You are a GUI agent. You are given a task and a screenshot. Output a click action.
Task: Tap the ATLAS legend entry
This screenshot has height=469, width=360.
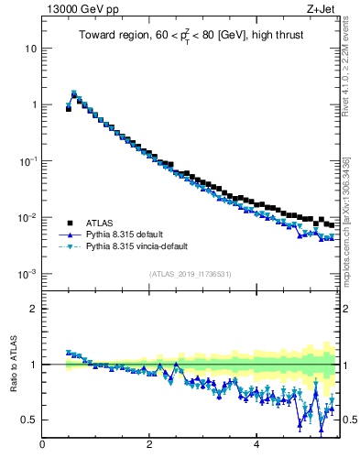(100, 223)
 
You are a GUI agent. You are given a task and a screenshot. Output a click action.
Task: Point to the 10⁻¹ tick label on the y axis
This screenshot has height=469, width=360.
(27, 160)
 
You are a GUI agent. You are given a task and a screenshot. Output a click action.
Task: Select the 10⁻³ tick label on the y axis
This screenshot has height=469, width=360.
(27, 274)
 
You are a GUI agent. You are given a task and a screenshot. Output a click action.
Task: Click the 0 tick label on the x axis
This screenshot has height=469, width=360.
(42, 446)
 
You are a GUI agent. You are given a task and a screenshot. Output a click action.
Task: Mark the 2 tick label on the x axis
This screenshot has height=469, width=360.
(149, 446)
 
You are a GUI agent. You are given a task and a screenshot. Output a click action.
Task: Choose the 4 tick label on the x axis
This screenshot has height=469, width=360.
(256, 446)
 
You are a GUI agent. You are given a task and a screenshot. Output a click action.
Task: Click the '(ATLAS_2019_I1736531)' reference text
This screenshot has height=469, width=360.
(191, 274)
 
